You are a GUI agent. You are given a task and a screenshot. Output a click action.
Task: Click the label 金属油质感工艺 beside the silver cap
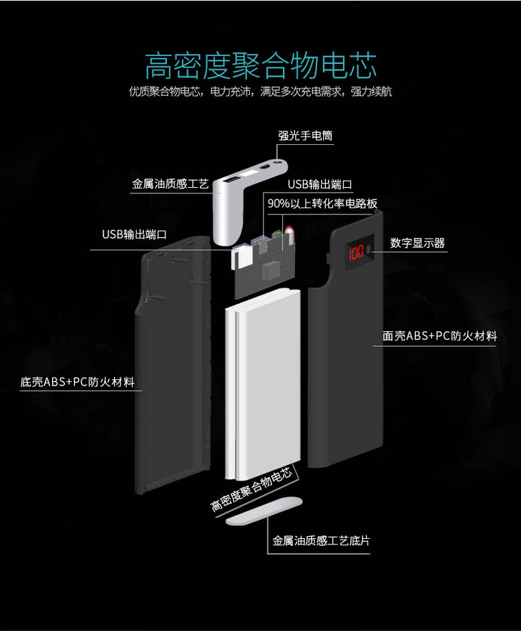pos(170,184)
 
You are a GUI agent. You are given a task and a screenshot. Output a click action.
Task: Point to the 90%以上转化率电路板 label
pos(322,203)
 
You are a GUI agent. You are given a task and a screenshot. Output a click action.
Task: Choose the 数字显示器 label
pos(418,243)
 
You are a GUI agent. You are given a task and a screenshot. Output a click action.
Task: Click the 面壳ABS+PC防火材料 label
pos(439,336)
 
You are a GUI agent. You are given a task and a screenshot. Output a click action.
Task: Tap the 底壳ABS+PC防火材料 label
pos(77,383)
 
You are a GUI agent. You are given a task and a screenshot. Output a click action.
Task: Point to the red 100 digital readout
pos(356,251)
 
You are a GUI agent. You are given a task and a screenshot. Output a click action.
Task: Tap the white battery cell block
pos(262,387)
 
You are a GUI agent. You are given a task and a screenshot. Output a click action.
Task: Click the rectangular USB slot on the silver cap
pos(231,184)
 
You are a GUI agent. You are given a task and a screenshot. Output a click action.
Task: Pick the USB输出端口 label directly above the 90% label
pos(319,184)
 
